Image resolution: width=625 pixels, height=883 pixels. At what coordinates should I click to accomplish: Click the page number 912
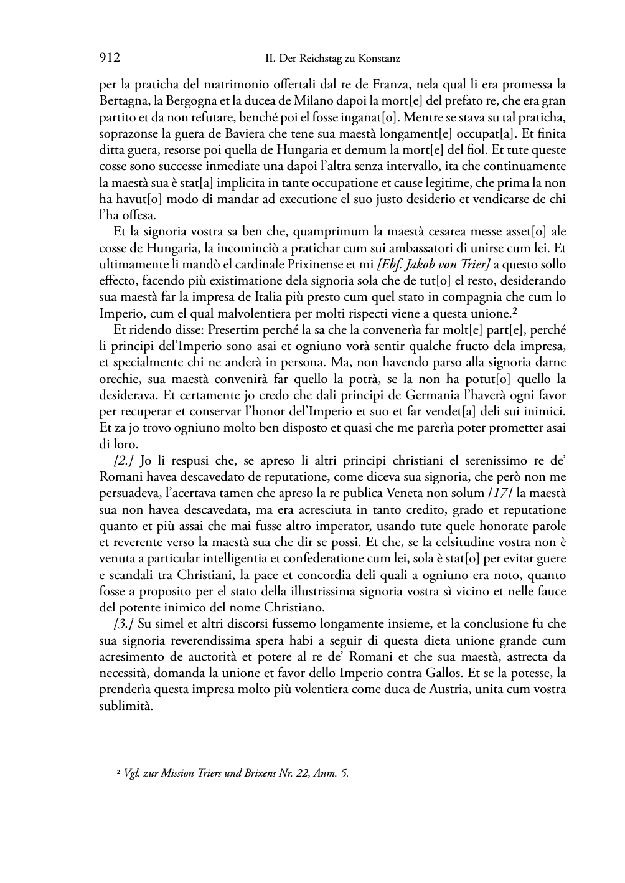[109, 59]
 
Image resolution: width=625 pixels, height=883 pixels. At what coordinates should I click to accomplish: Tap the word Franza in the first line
[392, 84]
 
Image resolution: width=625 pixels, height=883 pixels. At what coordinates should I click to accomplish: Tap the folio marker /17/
[500, 493]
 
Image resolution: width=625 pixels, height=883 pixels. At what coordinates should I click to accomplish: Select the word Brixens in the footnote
[261, 773]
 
